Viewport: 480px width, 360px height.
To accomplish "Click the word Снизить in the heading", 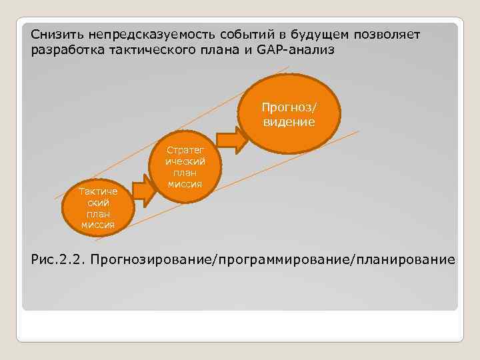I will (55, 34).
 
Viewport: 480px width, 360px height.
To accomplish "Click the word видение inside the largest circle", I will (289, 122).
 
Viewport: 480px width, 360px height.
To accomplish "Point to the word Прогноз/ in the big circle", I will (289, 106).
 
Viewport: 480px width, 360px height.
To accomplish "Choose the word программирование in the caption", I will (281, 258).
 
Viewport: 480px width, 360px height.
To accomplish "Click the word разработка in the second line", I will (63, 50).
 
